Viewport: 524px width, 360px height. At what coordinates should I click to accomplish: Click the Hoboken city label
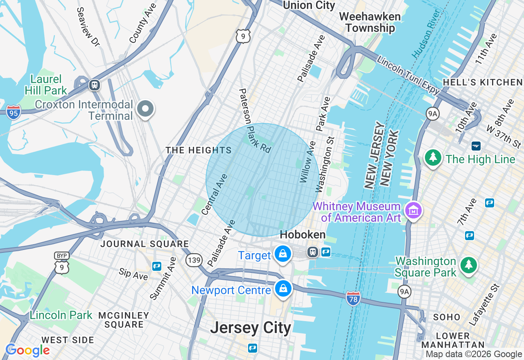click(x=303, y=235)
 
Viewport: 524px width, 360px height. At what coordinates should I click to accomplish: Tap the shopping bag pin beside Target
click(x=282, y=254)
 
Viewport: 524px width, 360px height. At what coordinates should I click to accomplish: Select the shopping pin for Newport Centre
click(x=283, y=289)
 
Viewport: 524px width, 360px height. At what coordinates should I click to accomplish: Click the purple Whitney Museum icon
click(x=413, y=211)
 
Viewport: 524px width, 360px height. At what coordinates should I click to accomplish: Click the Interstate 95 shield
click(x=14, y=112)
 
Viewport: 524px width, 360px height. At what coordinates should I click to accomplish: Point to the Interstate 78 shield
click(x=353, y=298)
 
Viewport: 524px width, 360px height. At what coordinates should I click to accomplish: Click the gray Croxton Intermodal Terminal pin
click(x=145, y=109)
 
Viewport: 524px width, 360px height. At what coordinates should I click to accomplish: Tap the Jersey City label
click(x=251, y=328)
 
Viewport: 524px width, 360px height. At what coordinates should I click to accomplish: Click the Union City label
click(x=309, y=5)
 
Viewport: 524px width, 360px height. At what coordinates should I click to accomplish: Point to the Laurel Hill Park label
click(x=45, y=84)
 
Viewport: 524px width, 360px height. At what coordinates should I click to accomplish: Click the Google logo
click(x=27, y=350)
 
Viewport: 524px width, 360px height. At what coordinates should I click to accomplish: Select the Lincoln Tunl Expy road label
click(x=408, y=75)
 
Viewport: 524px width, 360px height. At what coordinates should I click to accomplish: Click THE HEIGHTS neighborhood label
click(x=199, y=151)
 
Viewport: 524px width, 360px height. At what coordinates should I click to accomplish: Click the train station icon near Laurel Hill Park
click(x=95, y=85)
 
